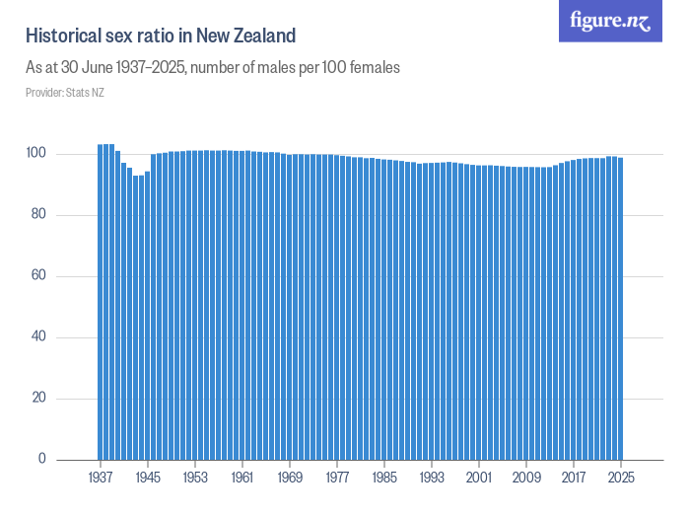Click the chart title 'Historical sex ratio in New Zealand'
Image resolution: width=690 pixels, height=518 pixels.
(161, 37)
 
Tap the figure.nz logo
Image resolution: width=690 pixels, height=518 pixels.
(610, 21)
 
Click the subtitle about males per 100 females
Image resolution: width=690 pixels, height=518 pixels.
(212, 68)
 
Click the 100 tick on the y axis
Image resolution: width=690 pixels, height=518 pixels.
(35, 154)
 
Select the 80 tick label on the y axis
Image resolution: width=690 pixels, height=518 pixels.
(38, 215)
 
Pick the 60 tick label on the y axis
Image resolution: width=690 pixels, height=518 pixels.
(38, 276)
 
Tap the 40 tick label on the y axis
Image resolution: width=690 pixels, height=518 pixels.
(38, 337)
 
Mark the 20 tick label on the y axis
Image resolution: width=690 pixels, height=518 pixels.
(38, 399)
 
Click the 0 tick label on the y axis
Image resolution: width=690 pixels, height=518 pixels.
(42, 459)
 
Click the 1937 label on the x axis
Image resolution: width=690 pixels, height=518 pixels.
(101, 478)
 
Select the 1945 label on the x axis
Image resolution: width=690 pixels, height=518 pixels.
(148, 478)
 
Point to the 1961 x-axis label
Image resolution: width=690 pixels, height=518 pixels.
(242, 478)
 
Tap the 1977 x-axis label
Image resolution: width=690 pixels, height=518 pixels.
(337, 478)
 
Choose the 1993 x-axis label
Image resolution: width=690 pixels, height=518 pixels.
(432, 478)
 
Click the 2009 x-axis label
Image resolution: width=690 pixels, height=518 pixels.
(526, 478)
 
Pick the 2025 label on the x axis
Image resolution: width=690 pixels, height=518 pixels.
(621, 478)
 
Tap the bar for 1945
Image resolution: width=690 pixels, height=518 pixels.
(148, 316)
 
